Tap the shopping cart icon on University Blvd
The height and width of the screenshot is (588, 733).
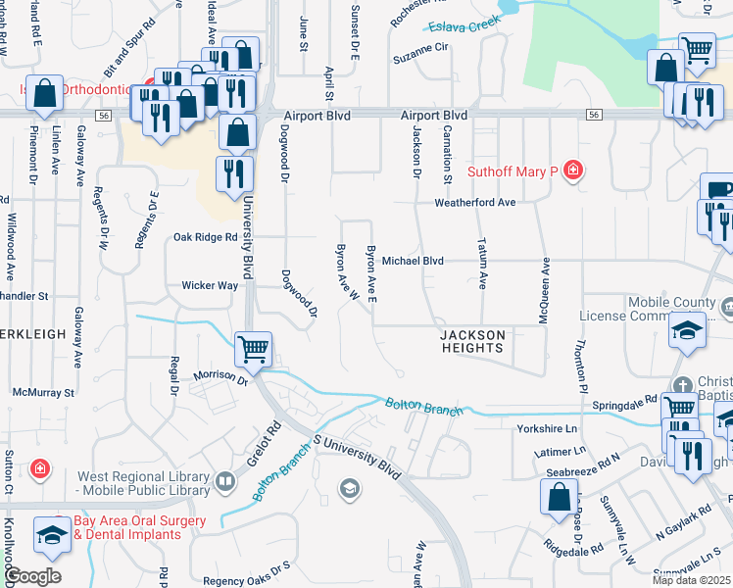[254, 348]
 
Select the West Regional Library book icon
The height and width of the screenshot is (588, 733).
[226, 481]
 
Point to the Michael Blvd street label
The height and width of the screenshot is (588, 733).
[413, 261]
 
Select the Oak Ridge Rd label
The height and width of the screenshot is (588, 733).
[205, 237]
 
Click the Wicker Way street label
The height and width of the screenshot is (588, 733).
[210, 286]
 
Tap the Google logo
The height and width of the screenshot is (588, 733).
[32, 575]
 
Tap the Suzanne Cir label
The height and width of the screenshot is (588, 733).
[419, 46]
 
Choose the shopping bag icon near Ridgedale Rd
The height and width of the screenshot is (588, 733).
[558, 496]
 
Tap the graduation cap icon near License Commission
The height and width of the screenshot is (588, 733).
[688, 332]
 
